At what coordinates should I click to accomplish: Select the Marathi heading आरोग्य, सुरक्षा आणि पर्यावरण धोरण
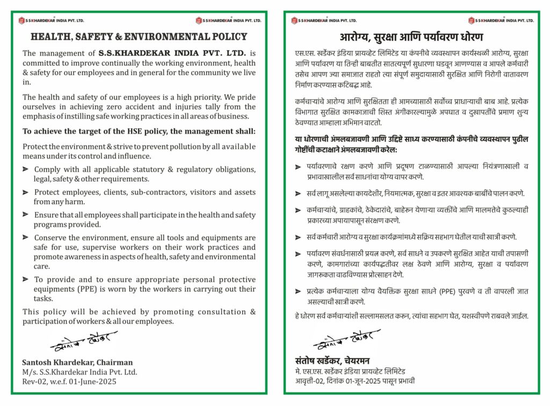tap(411, 37)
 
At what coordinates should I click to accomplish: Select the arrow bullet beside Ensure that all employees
tap(26, 214)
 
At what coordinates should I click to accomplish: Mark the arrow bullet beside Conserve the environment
tap(26, 237)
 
